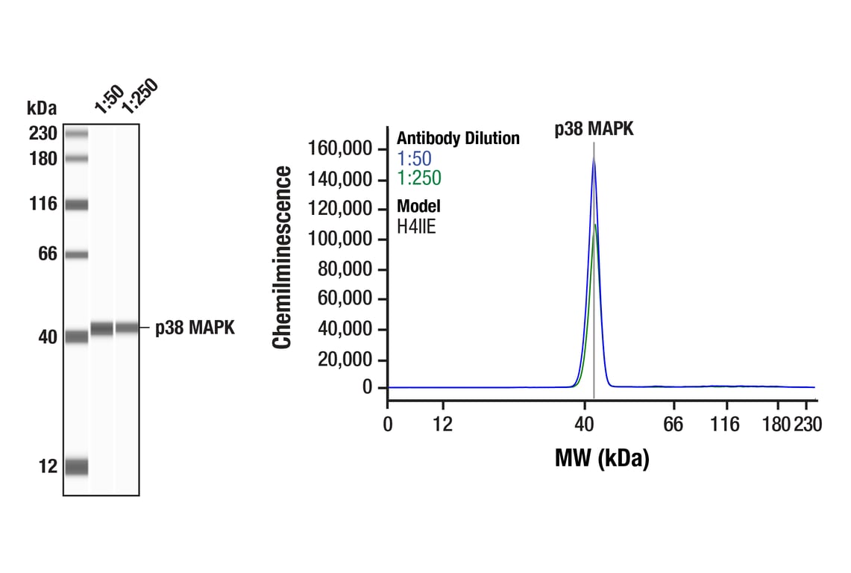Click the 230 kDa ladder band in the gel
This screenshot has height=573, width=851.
[x=77, y=134]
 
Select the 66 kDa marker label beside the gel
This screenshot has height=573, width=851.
[x=48, y=254]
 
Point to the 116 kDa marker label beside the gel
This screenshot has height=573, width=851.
[x=43, y=204]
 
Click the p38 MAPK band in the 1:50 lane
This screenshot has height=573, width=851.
[x=102, y=328]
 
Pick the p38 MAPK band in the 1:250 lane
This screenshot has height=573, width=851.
[x=127, y=327]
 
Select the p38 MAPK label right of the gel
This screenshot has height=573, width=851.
[x=195, y=328]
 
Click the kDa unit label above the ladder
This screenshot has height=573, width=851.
[x=42, y=109]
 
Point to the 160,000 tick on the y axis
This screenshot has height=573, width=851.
[x=340, y=149]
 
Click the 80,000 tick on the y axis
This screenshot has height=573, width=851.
[x=345, y=269]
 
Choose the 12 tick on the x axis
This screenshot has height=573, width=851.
[x=443, y=425]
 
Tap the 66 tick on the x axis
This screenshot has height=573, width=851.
[x=673, y=425]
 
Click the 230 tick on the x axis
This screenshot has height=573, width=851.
[x=808, y=425]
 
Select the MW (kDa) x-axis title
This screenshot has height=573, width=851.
[x=602, y=458]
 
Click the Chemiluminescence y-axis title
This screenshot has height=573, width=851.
[x=282, y=257]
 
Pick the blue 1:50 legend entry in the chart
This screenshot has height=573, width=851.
[x=414, y=158]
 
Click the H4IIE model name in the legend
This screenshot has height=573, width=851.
[x=416, y=226]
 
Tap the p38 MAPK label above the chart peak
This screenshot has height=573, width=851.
[x=594, y=129]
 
